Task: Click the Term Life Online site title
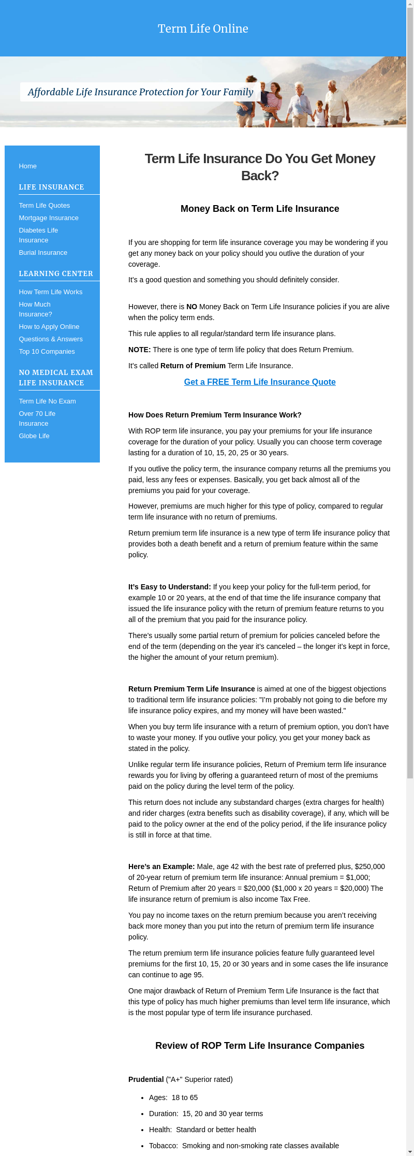(x=203, y=28)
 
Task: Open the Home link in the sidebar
(x=28, y=166)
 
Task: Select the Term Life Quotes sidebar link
(x=45, y=206)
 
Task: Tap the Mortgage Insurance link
(x=49, y=218)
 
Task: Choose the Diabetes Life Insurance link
(x=38, y=235)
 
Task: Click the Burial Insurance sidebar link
(x=43, y=253)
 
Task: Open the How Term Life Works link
(x=51, y=292)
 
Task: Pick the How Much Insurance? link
(x=35, y=309)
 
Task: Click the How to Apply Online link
(x=49, y=327)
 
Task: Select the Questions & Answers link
(x=51, y=339)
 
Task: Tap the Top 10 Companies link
(x=47, y=352)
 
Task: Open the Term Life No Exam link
(x=47, y=401)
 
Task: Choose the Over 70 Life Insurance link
(x=37, y=418)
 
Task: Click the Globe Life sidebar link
(x=34, y=436)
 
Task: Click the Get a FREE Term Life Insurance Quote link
(x=260, y=382)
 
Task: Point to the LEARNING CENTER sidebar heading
(x=56, y=273)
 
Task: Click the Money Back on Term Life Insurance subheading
(x=260, y=209)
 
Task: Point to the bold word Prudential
(x=146, y=1079)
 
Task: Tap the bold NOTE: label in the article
(x=140, y=350)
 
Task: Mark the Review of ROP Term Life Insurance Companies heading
(x=260, y=1046)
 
